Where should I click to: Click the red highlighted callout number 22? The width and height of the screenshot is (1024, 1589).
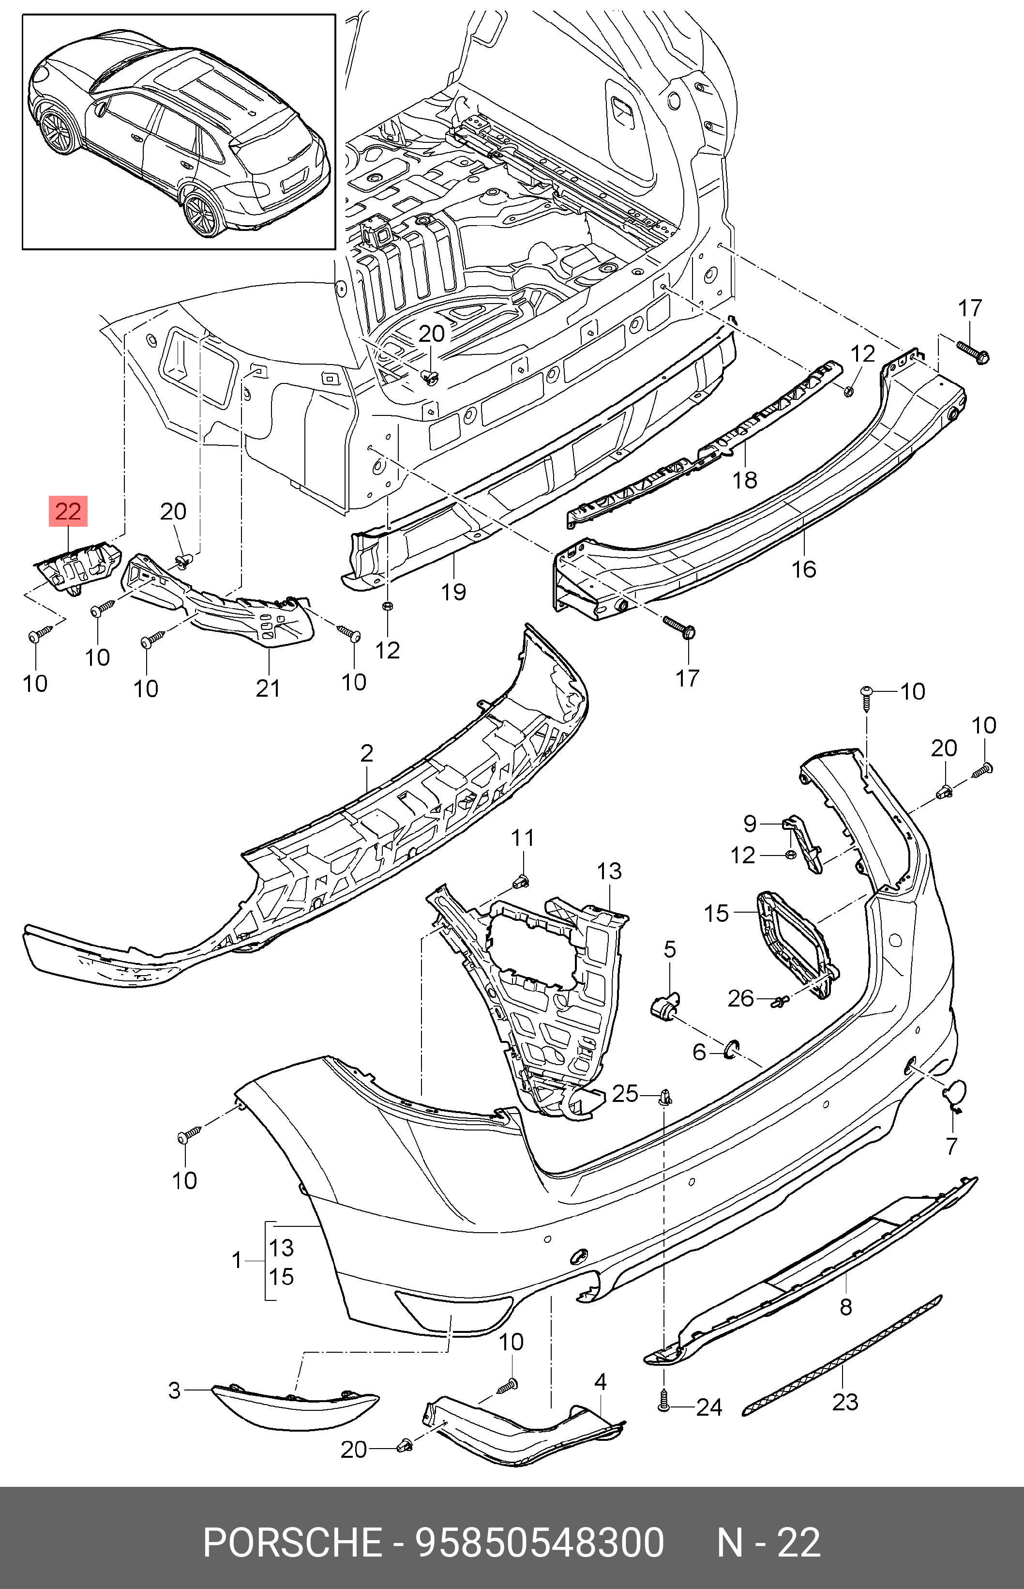point(68,511)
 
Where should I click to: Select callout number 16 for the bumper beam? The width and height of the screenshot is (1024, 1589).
point(803,569)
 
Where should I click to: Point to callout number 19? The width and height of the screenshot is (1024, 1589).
point(453,591)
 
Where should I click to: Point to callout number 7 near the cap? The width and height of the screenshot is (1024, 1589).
point(951,1146)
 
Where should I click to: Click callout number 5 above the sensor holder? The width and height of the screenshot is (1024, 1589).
point(670,949)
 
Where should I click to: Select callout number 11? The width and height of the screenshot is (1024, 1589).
point(523,838)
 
